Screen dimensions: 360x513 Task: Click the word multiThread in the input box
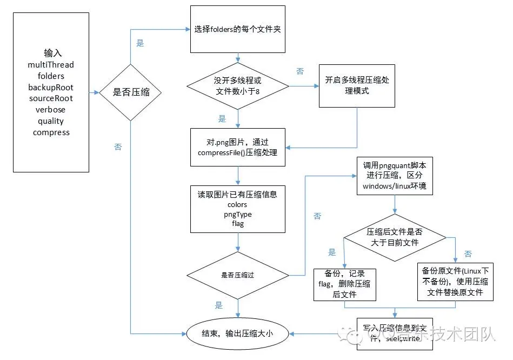click(x=51, y=65)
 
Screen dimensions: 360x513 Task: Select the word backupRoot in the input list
click(x=51, y=87)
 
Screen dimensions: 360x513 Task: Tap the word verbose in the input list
click(x=51, y=110)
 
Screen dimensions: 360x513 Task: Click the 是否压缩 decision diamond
click(x=130, y=92)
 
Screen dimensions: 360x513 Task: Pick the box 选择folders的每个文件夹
click(x=237, y=29)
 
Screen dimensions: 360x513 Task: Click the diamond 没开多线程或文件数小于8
click(x=237, y=85)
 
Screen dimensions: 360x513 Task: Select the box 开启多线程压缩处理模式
click(x=357, y=85)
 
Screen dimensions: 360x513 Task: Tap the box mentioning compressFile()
click(x=237, y=148)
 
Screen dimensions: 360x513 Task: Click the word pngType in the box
click(x=237, y=215)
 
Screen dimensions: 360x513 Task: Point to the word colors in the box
click(x=237, y=205)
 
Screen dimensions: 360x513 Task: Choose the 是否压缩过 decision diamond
click(x=237, y=275)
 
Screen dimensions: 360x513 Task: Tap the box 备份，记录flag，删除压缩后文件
click(x=344, y=284)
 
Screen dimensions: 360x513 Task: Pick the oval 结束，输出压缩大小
click(x=237, y=334)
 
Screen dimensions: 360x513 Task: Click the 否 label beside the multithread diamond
click(x=300, y=71)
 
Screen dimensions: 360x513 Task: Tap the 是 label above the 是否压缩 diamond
click(x=140, y=43)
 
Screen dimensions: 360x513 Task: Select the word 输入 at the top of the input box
click(x=53, y=53)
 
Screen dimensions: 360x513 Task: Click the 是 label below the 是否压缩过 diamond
click(x=218, y=305)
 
